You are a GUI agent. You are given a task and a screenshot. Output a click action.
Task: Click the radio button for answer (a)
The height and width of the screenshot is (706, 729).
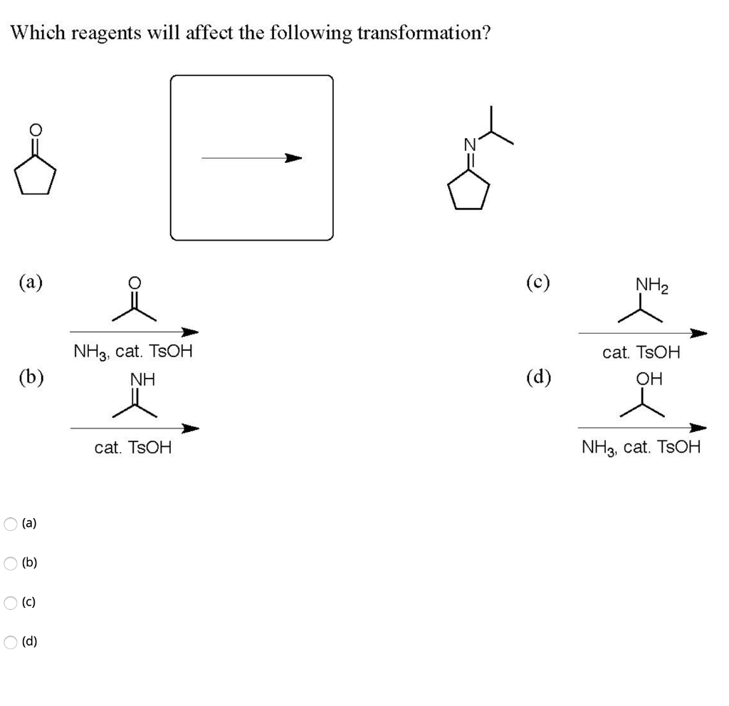[x=11, y=524]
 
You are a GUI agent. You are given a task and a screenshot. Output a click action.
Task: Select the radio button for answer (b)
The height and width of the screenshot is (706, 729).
[x=11, y=563]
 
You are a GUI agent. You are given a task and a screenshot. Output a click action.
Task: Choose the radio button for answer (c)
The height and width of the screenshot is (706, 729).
[x=11, y=603]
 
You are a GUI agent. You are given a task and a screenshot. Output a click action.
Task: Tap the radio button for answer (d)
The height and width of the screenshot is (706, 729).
[x=11, y=642]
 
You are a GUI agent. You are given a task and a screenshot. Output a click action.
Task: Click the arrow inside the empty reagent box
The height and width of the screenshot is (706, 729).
[x=251, y=158]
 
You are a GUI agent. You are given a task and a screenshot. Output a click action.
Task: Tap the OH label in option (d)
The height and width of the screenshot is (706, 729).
[x=650, y=379]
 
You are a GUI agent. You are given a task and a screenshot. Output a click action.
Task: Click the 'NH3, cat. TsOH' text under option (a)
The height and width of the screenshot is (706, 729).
[x=132, y=352]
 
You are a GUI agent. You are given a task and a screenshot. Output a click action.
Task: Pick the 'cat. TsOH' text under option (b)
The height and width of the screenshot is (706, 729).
[x=133, y=448]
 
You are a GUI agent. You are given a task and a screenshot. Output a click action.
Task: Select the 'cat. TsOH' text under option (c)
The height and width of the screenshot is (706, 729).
[x=641, y=352]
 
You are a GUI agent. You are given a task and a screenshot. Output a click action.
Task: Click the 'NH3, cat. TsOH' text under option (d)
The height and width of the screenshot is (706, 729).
[x=641, y=448]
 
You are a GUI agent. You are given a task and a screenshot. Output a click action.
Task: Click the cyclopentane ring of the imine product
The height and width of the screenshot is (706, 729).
[x=468, y=191]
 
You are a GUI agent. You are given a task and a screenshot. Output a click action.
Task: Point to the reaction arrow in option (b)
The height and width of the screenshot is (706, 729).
[x=134, y=428]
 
